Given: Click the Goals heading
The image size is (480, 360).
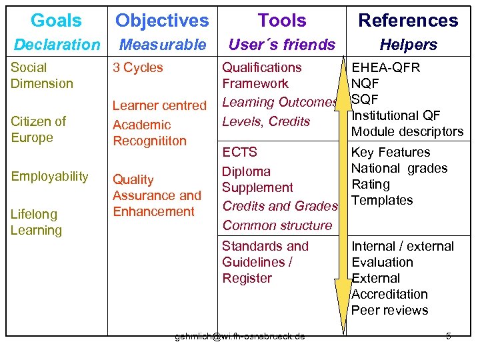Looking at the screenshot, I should pos(56,21).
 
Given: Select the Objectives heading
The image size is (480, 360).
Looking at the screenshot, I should pos(162,21).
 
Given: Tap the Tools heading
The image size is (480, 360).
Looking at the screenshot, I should pos(282,21).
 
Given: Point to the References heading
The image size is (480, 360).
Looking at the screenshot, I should pos(408,21).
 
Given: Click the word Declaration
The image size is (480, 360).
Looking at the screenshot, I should pos(57,45).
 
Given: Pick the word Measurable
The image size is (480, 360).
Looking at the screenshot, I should pos(163,45).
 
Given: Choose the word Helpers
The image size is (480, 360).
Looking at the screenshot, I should pos(408,45).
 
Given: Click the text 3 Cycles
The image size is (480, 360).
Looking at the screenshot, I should pos(138,67).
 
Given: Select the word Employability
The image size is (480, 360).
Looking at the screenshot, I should pos(49,176).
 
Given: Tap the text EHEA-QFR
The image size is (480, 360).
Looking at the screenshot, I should pos(386,67).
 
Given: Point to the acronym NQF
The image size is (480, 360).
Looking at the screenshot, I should pos(365,83).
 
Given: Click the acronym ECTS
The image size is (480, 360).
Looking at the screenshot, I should pos(239,152).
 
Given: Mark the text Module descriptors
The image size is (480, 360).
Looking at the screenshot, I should pos(407,131).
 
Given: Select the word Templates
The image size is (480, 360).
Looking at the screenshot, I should pos(382,200).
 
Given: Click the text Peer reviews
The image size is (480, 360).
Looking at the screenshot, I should pos(389,310).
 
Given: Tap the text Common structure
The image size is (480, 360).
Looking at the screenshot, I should pos(277,225).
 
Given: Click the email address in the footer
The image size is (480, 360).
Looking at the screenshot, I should pos(240,336).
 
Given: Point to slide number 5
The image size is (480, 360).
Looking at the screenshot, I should pos(449,336).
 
